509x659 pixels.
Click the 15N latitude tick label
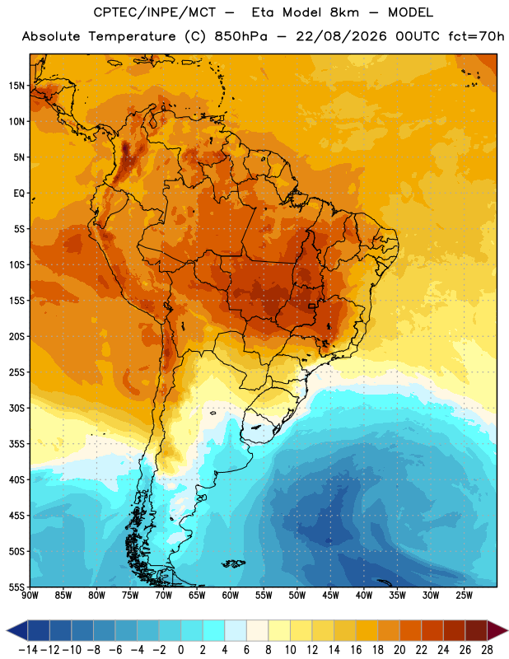[x=16, y=86]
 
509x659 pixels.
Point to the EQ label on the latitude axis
[x=19, y=194]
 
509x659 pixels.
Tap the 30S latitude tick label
[x=16, y=408]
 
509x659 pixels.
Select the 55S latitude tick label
[x=16, y=587]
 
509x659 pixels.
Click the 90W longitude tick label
[x=30, y=595]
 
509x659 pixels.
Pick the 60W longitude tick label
[x=231, y=595]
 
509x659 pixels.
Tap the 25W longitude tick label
[x=465, y=595]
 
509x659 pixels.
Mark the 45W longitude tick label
[x=331, y=595]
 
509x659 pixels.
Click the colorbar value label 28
[x=487, y=650]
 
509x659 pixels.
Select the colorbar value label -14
[x=28, y=650]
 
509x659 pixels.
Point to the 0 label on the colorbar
[x=180, y=650]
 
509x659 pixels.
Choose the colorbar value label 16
[x=356, y=650]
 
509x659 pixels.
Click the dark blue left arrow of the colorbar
[x=17, y=630]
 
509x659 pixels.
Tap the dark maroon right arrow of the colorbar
[x=497, y=630]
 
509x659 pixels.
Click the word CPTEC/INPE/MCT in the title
[x=155, y=12]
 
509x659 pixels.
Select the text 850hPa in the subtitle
[x=240, y=36]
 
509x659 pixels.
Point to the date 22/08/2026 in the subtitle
[x=341, y=36]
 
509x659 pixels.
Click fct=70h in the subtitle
[x=476, y=36]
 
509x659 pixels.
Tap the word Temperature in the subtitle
[x=132, y=37]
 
